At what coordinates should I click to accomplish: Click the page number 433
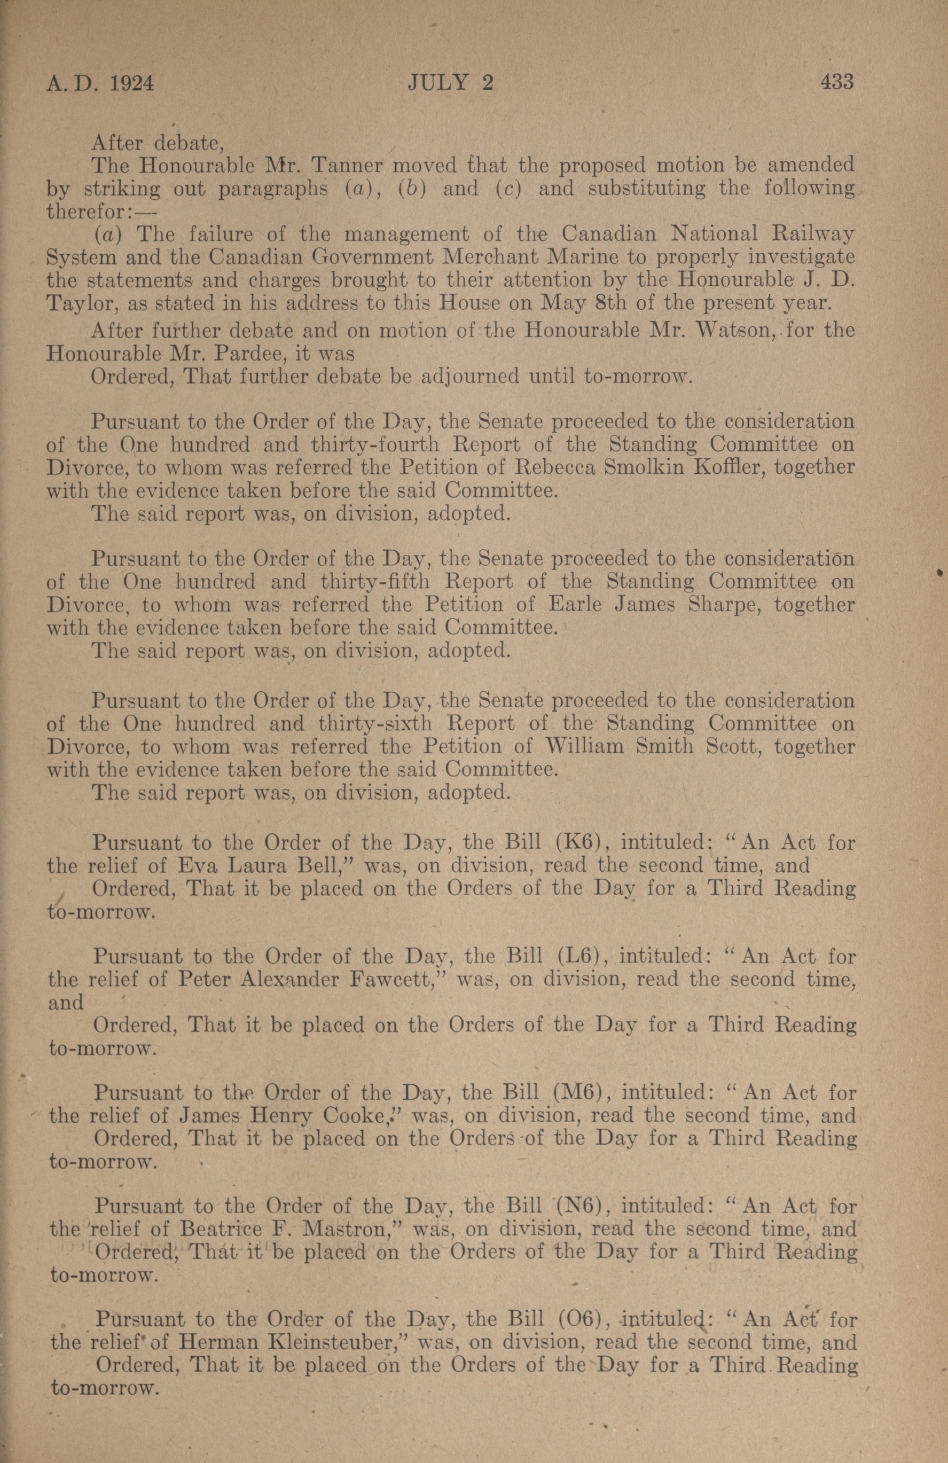click(x=837, y=82)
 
